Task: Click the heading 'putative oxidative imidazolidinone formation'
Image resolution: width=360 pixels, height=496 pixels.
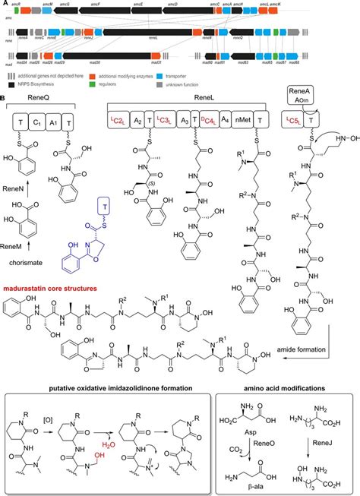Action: click(x=106, y=389)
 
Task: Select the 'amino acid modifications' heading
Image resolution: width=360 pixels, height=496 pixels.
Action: click(x=287, y=389)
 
